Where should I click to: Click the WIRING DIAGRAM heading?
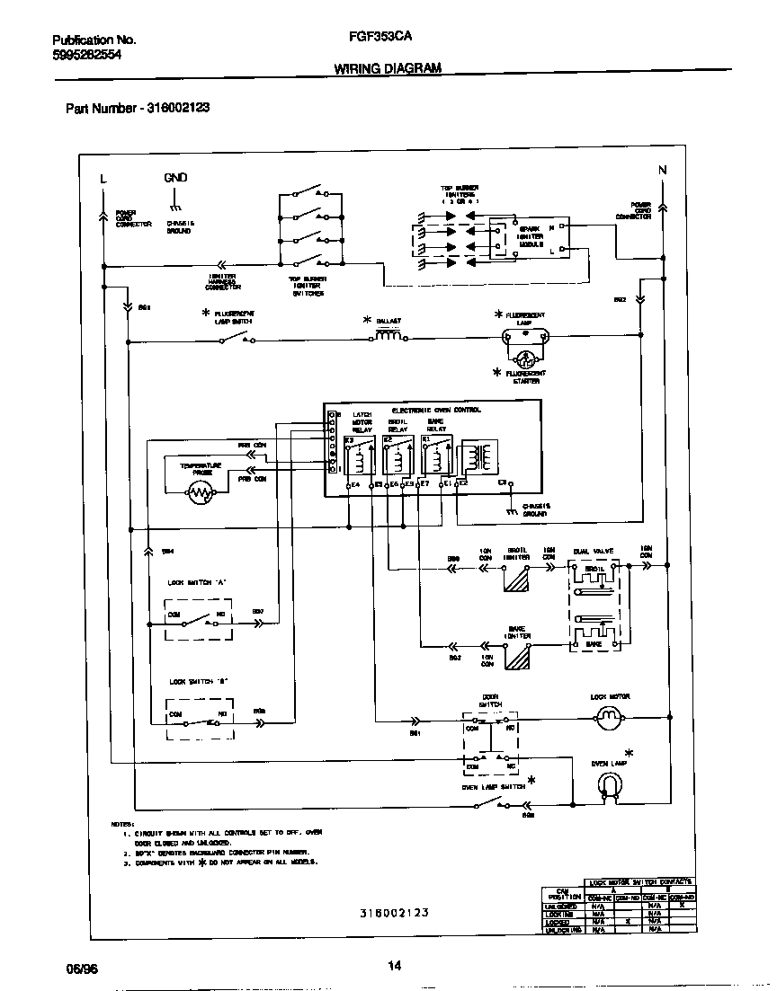point(388,67)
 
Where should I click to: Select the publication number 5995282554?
point(87,54)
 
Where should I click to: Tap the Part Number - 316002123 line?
point(138,108)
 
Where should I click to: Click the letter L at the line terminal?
point(104,178)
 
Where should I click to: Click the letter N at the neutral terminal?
point(663,170)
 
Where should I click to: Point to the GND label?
point(175,178)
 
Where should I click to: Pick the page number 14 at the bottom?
point(394,967)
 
